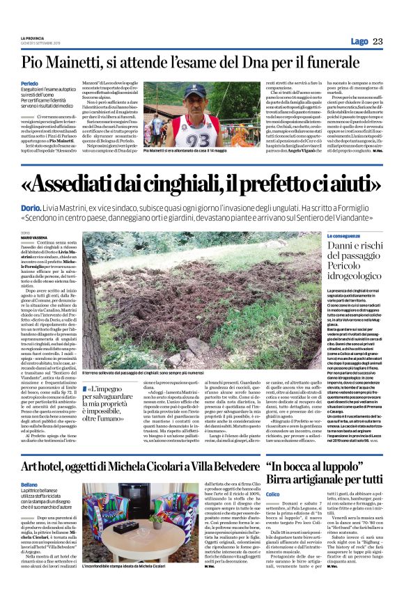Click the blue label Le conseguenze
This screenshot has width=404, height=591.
click(325, 237)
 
